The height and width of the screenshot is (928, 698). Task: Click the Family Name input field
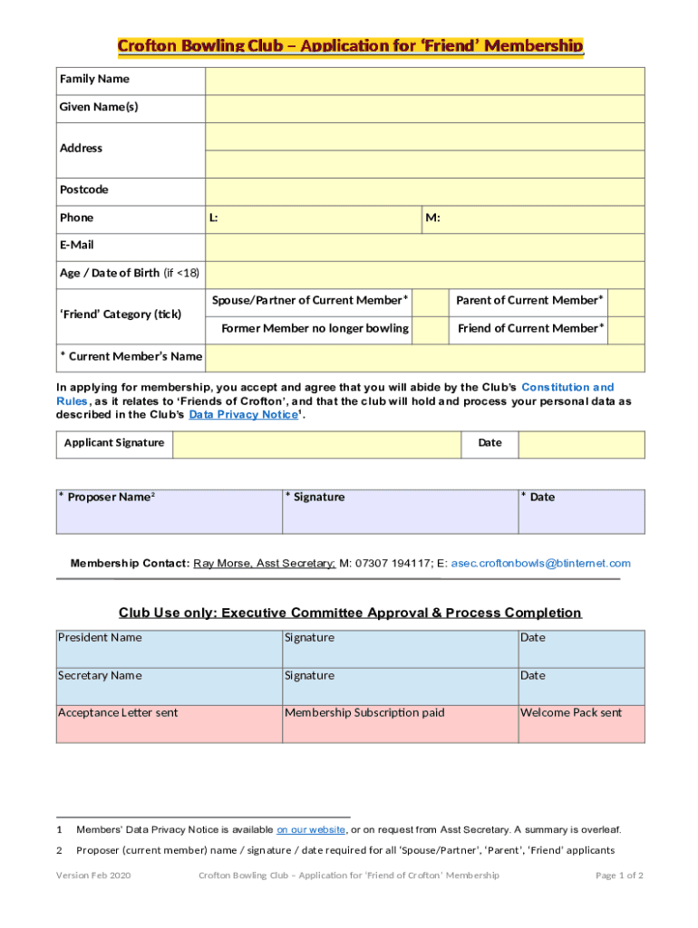tap(424, 80)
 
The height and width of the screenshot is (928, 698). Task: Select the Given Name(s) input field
tap(424, 108)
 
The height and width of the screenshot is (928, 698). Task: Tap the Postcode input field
tap(424, 190)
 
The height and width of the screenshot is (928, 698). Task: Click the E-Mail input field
tap(424, 246)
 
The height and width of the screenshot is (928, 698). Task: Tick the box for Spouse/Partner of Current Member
tap(430, 301)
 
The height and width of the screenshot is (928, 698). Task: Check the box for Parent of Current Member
tap(625, 301)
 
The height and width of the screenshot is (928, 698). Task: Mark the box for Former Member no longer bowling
tap(430, 329)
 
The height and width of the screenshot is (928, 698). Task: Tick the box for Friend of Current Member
tap(625, 329)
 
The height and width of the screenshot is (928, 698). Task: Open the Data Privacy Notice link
tap(242, 415)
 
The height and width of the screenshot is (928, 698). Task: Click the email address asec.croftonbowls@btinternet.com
tap(540, 564)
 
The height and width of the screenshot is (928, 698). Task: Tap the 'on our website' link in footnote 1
tap(310, 829)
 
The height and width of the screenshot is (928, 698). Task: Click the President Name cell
tap(169, 649)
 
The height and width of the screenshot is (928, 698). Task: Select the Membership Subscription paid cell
tap(399, 724)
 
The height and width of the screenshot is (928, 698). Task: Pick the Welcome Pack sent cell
tap(581, 724)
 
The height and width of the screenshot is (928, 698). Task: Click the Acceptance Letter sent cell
tap(169, 724)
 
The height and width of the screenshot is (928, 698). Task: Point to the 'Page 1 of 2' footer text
tap(619, 875)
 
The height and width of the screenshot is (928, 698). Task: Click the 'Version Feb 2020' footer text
tap(93, 875)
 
